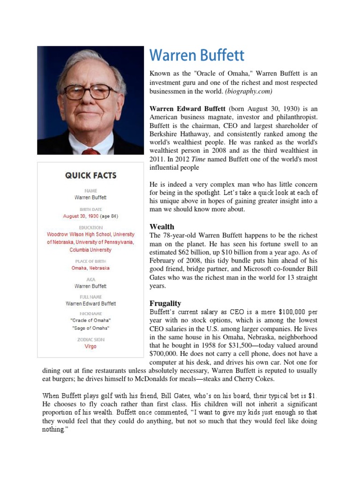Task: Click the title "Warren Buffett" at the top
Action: [197, 55]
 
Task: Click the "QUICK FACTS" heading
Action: [91, 176]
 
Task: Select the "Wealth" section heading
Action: [162, 226]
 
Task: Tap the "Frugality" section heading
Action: [165, 303]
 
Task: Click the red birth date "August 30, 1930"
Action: [81, 216]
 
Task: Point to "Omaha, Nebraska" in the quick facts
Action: [90, 268]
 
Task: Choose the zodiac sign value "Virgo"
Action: [90, 346]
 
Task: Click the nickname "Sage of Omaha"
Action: [90, 328]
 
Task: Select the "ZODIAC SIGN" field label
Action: [90, 339]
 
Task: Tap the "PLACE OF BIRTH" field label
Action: [90, 261]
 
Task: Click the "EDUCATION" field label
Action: [90, 227]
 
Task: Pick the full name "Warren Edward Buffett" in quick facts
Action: [90, 304]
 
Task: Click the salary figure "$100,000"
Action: [294, 312]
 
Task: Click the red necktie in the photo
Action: [90, 151]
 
